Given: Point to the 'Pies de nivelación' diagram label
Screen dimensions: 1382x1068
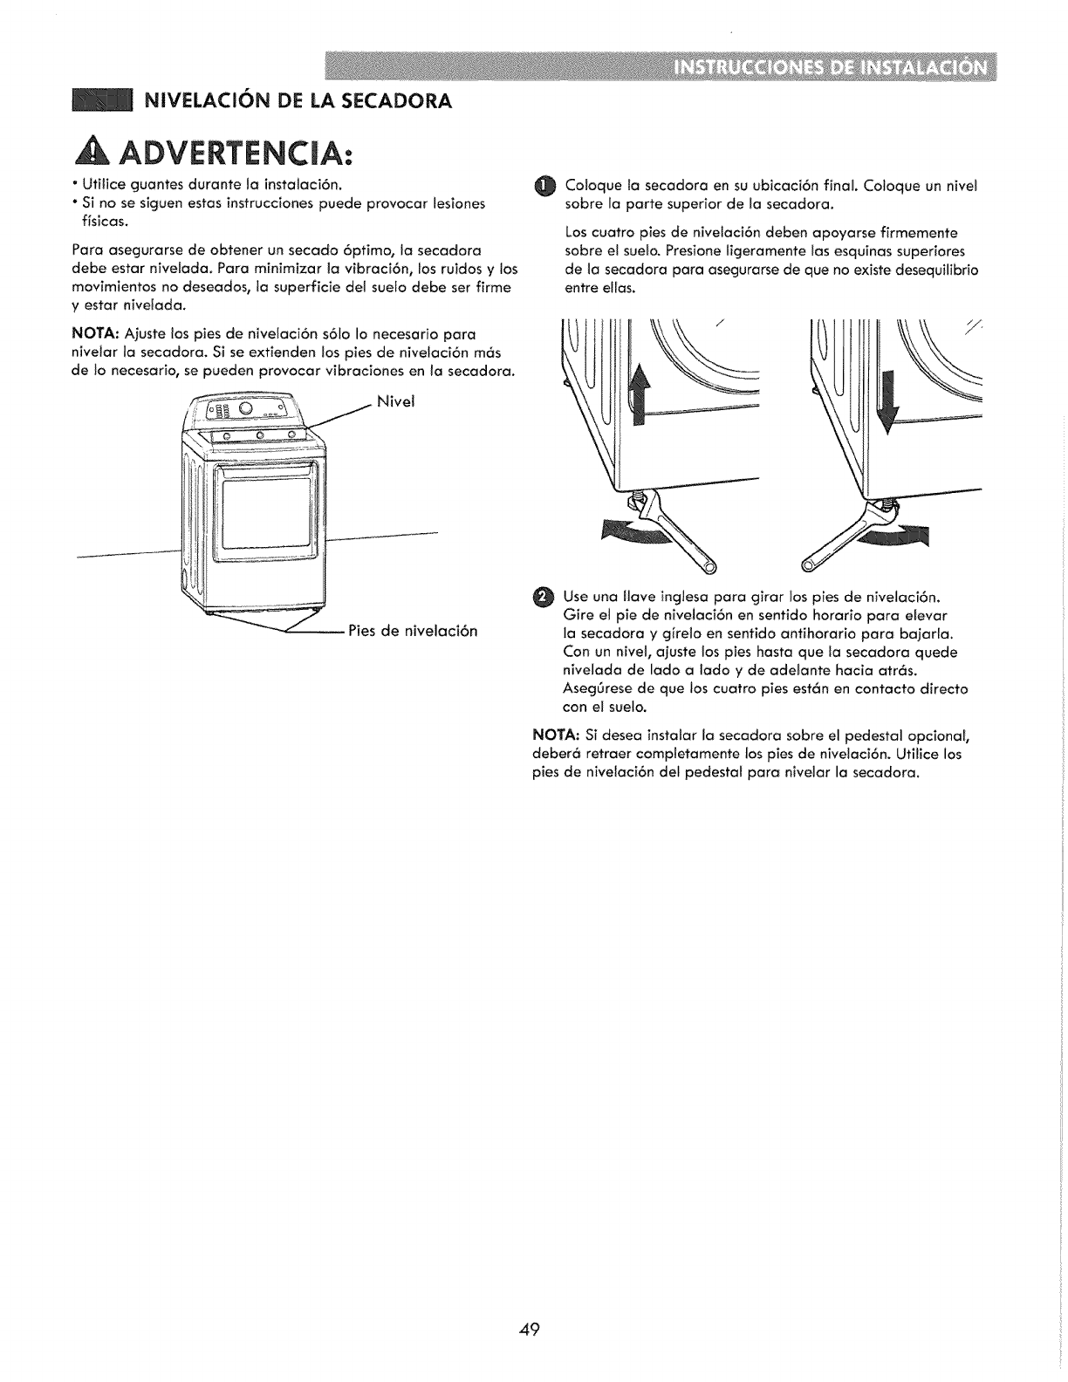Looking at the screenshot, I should tap(413, 630).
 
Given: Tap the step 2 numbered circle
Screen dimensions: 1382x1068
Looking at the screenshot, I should tap(543, 597).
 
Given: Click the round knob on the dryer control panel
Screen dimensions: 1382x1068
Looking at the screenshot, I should tap(246, 409).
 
